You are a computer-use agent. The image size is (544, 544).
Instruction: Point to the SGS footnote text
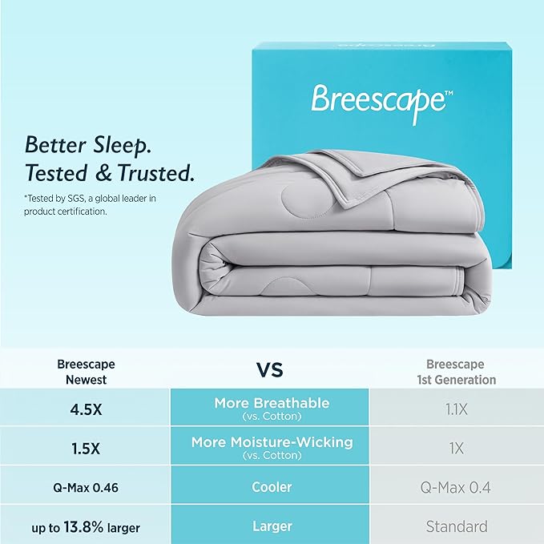(88, 204)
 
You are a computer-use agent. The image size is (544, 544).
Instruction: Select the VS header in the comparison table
(270, 370)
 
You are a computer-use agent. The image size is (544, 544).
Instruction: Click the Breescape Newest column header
(86, 372)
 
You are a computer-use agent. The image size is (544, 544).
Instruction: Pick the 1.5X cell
(86, 447)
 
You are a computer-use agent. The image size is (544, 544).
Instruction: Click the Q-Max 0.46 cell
(86, 487)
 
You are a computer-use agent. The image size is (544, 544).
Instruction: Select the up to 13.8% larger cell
(86, 526)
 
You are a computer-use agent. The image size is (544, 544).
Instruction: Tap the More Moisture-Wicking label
(272, 442)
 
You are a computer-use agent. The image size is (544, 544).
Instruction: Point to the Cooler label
(271, 487)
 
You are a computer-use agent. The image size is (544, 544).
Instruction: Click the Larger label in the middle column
(271, 526)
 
